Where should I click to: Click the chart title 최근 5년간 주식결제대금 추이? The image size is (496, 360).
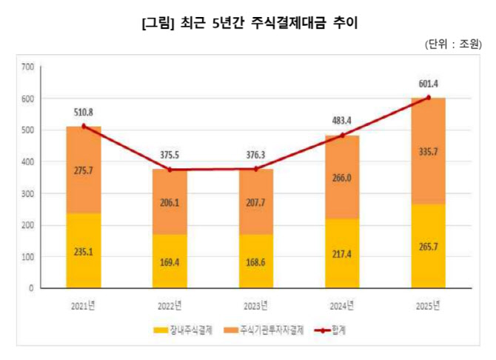249,23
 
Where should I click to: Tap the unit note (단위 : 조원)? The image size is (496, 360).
452,44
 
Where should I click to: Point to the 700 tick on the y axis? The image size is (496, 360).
27,67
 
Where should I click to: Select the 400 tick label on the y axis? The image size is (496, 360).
27,162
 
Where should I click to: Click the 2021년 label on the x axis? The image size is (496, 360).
84,304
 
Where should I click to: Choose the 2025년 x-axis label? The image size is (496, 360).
427,304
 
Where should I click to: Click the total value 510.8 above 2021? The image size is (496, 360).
84,113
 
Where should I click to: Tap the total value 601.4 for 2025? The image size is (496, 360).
428,84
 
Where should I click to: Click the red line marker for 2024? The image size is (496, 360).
343,136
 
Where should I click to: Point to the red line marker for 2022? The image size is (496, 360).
170,170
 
